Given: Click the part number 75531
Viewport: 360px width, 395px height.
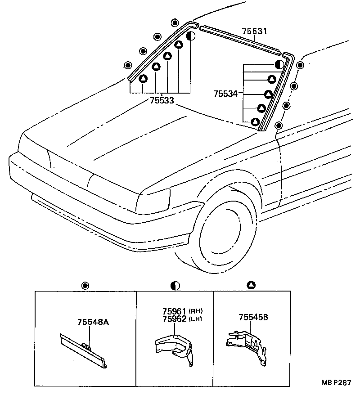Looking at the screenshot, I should (x=254, y=31).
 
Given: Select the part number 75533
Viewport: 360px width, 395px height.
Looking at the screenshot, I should (x=162, y=101).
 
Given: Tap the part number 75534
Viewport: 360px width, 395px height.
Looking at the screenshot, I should (x=226, y=94).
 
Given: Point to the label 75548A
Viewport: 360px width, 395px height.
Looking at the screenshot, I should (x=93, y=322).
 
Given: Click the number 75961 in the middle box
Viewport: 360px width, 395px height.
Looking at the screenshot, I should (x=174, y=311).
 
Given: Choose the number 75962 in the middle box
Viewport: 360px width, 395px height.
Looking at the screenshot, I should (x=174, y=319).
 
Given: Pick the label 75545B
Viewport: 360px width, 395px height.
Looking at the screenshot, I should (x=253, y=317).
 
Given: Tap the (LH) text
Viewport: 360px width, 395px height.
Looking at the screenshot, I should (x=195, y=319).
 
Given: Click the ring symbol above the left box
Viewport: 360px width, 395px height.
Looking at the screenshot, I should (x=85, y=286).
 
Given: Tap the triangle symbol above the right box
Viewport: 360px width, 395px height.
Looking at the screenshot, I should (x=251, y=285).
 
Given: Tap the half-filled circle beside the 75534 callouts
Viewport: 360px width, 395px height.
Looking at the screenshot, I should (x=279, y=64).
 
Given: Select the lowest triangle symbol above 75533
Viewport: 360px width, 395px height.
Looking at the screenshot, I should (x=143, y=79).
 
